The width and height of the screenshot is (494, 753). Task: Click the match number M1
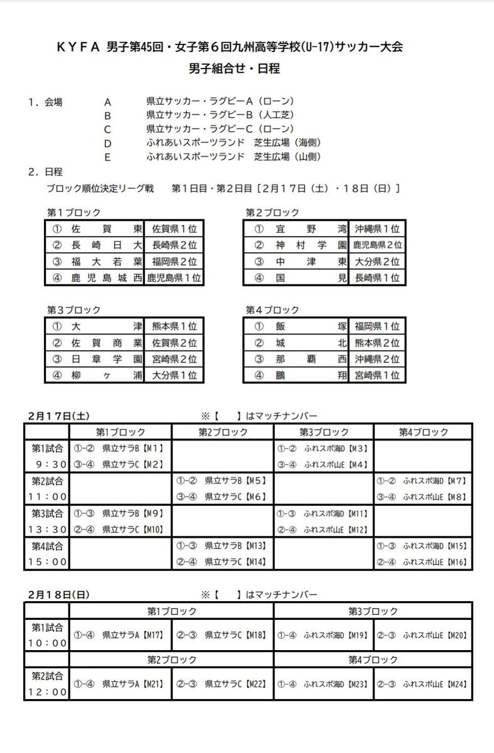tap(154, 449)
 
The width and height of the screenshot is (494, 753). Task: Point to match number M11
tap(357, 513)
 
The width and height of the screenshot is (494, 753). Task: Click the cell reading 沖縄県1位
tap(377, 229)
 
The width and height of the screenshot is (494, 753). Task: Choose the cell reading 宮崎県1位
tap(377, 376)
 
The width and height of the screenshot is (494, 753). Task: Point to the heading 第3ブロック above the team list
tap(73, 311)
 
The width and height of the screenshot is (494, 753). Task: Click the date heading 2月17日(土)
tap(58, 416)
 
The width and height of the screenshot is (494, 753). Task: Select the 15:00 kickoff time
tap(46, 562)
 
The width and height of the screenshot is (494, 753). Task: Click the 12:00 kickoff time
tap(46, 693)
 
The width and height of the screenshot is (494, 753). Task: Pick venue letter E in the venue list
tap(108, 158)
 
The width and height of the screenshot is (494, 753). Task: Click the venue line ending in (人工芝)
tap(220, 115)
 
